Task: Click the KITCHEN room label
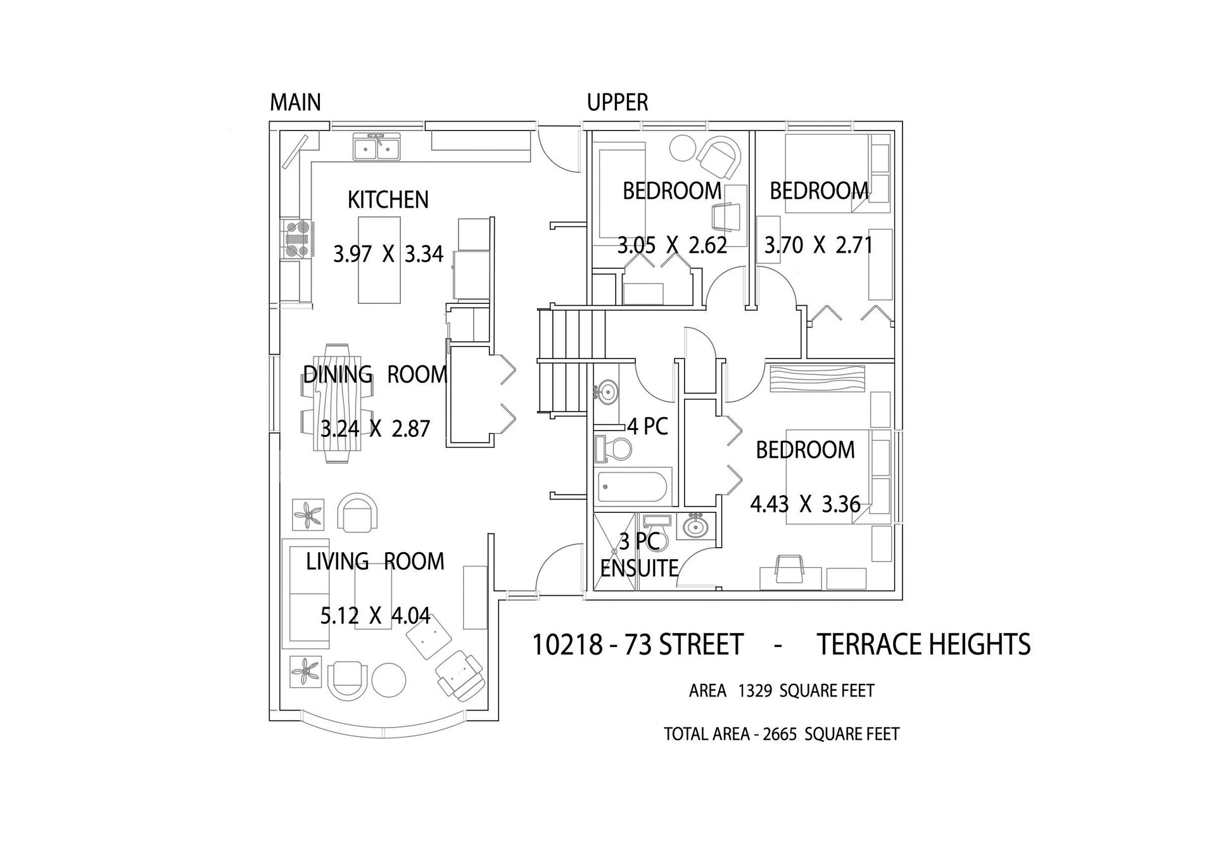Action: [388, 199]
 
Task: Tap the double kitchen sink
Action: [377, 148]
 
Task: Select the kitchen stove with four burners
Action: [296, 239]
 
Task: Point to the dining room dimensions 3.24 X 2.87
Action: [376, 429]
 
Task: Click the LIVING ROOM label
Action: [376, 561]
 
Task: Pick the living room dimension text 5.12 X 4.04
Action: [376, 615]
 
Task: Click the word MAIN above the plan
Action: [295, 102]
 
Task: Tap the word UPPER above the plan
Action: [617, 102]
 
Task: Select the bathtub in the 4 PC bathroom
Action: [633, 488]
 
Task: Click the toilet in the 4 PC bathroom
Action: [614, 449]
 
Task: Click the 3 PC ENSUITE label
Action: [639, 555]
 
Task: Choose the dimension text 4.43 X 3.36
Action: [806, 504]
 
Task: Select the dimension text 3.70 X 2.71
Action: [819, 244]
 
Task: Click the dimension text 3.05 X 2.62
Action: [673, 244]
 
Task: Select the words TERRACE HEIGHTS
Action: [924, 645]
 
